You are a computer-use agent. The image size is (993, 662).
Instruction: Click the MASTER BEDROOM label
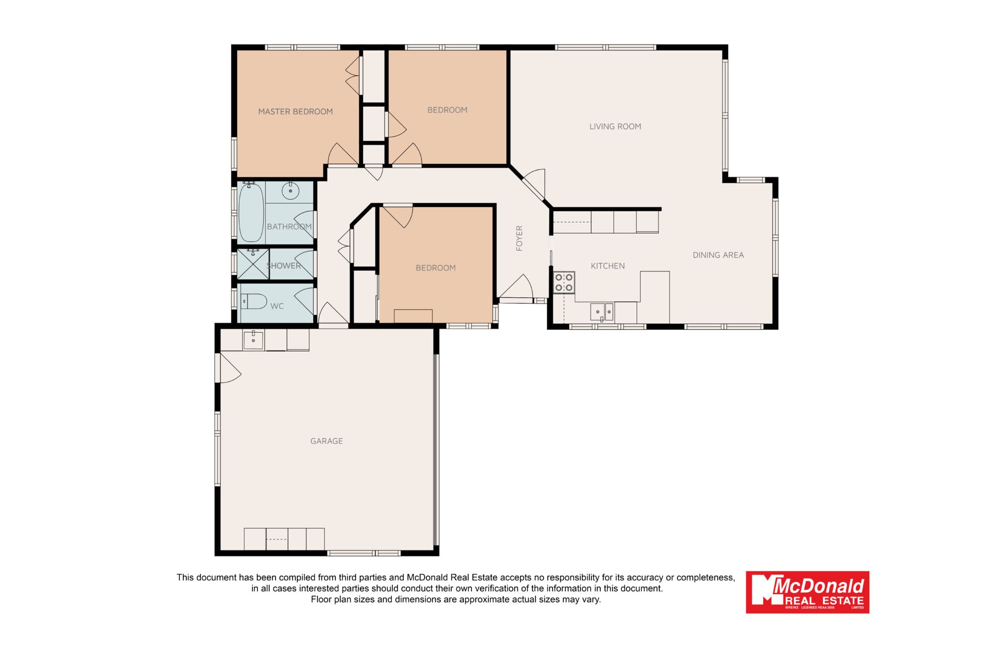(295, 112)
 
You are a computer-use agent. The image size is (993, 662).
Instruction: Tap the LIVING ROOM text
(615, 127)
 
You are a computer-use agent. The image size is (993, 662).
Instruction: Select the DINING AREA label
(718, 255)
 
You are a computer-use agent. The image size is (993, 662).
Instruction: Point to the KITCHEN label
(608, 266)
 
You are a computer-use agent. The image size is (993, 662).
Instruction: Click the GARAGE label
(326, 441)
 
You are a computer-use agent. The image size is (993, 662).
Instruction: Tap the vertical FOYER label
(519, 238)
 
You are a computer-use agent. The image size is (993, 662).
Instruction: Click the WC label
(277, 306)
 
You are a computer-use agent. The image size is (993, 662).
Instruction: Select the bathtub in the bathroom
(251, 212)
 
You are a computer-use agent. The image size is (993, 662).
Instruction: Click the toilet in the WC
(254, 301)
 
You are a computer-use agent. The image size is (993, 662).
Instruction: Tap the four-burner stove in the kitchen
(564, 282)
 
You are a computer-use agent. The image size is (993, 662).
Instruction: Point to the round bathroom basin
(290, 191)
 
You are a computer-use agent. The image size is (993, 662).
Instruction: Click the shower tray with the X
(253, 264)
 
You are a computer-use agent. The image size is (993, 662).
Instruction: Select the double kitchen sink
(602, 312)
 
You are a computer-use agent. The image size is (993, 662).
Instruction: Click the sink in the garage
(253, 339)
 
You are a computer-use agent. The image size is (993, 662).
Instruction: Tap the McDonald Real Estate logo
(807, 592)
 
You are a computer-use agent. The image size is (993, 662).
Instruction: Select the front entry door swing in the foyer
(516, 287)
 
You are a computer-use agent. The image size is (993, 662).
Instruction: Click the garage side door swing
(230, 368)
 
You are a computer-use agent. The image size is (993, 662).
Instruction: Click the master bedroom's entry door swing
(343, 154)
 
